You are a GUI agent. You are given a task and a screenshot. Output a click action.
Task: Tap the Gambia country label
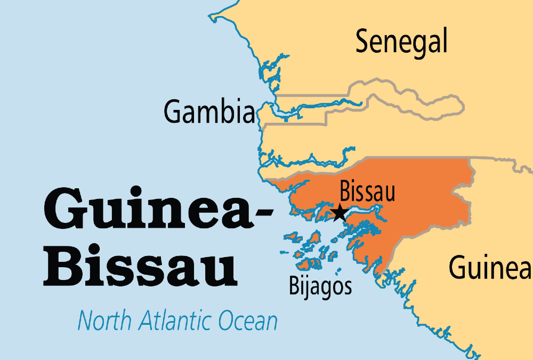point(209,112)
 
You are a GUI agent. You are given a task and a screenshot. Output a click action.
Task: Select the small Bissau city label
point(368,192)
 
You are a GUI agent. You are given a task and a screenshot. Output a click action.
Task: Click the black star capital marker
point(339,213)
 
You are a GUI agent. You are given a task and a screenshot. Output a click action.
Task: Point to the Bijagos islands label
point(320,286)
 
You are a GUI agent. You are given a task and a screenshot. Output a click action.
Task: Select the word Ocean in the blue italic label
point(248,321)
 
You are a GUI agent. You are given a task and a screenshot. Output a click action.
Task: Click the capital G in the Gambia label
point(172,112)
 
